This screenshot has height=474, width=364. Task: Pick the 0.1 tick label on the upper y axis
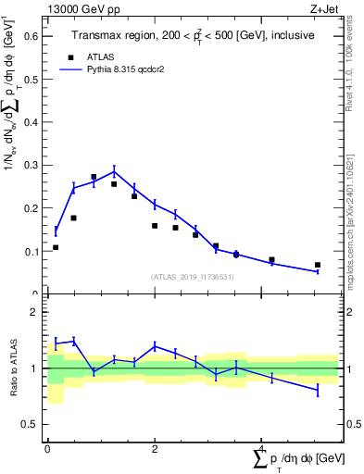pyautogui.click(x=30, y=251)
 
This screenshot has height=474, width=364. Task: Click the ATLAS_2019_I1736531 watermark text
pyautogui.click(x=191, y=277)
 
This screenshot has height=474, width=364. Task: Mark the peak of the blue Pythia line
pyautogui.click(x=114, y=170)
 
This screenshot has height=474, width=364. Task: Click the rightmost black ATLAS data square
pyautogui.click(x=317, y=265)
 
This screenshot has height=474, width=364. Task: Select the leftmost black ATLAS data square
pyautogui.click(x=56, y=247)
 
